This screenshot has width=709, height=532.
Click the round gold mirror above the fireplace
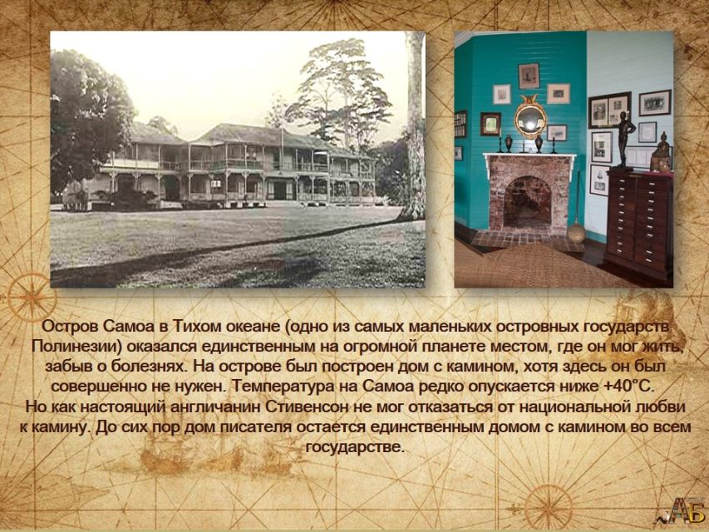pos(530,120)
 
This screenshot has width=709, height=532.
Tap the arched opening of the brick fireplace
pos(527,202)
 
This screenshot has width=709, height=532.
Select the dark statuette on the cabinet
pos(625,139)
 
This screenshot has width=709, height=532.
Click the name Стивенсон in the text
pos(308,406)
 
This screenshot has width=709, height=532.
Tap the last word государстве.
pos(354,447)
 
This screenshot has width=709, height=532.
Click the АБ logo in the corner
pos(686,510)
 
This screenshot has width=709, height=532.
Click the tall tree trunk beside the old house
pos(414,126)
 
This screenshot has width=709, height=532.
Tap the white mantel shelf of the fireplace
pos(529,156)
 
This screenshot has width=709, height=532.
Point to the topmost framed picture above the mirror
pos(529,76)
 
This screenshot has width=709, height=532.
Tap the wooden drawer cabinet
pos(638,223)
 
